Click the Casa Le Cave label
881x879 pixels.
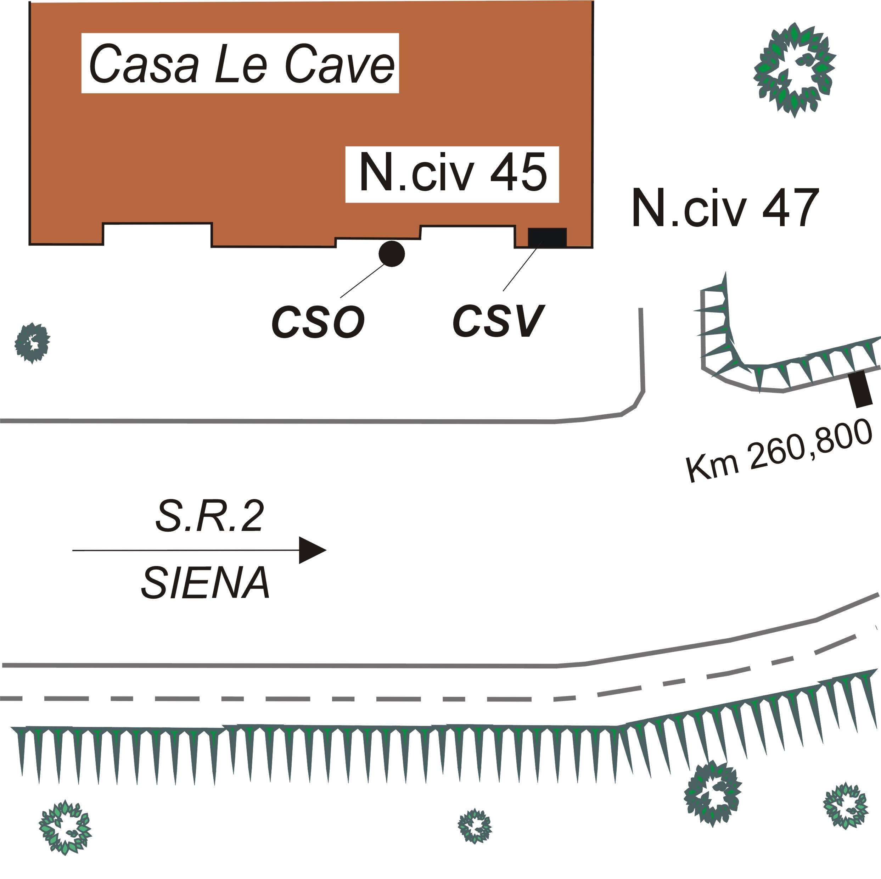pyautogui.click(x=240, y=64)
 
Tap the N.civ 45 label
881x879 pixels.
pyautogui.click(x=452, y=174)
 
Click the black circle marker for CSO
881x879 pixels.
pyautogui.click(x=392, y=254)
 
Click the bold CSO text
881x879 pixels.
pyautogui.click(x=318, y=322)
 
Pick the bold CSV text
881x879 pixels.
pyautogui.click(x=498, y=321)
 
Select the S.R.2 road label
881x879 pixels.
pyautogui.click(x=210, y=517)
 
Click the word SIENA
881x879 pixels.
pyautogui.click(x=206, y=583)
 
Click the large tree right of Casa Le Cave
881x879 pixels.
pyautogui.click(x=794, y=69)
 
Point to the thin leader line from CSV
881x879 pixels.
pyautogui.click(x=520, y=270)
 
